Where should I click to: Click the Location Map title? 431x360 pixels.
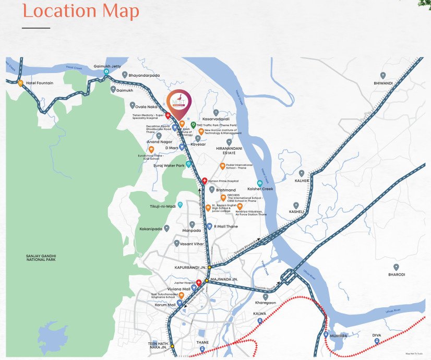(81, 11)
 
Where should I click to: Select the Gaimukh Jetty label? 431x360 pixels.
(106, 66)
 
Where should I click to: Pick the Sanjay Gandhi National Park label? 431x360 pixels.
(48, 258)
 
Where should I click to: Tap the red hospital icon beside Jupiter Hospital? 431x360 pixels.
(199, 282)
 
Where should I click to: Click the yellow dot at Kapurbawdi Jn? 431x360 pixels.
(209, 267)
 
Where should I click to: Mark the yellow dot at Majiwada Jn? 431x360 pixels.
(207, 280)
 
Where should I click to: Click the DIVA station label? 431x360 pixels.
(377, 335)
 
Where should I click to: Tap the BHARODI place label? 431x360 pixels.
(397, 274)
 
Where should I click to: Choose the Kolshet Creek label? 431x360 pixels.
(260, 189)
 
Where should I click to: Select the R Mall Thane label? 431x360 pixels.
(225, 226)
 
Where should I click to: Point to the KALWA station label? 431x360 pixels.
(259, 314)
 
